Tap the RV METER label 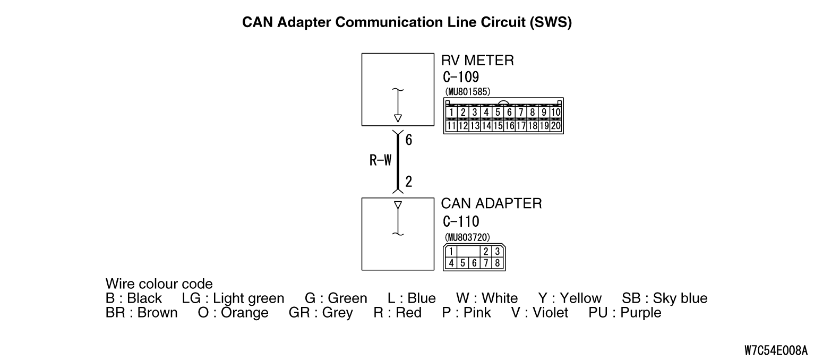coord(477,61)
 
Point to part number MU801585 coord(467,92)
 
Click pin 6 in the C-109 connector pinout coord(509,113)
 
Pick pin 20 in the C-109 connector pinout coord(556,126)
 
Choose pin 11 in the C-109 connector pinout coord(451,126)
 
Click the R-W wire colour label coord(380,161)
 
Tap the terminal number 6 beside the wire coord(408,140)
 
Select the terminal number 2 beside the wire coord(408,182)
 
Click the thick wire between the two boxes coord(397,162)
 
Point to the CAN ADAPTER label coord(491,204)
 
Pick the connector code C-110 coord(460,221)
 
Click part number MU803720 coord(467,237)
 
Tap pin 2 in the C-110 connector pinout coord(485,252)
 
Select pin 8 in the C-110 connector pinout coord(497,262)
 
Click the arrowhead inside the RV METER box coord(398,118)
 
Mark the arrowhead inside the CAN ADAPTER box coord(398,205)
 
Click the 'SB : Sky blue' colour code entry coord(664,298)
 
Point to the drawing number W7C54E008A coord(776,350)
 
